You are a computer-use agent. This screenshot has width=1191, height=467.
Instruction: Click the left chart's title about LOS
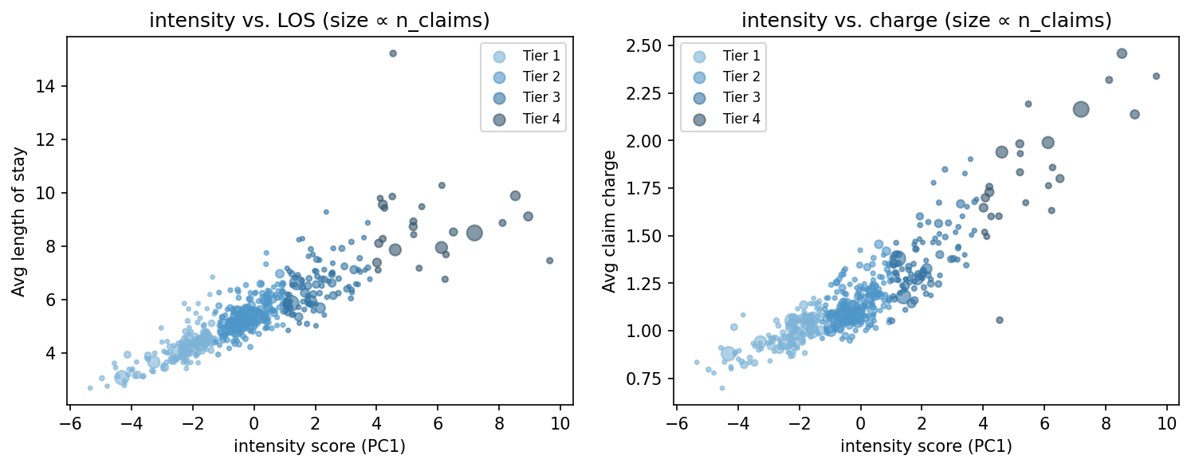click(320, 22)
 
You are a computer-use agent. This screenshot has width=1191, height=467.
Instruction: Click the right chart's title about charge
click(926, 22)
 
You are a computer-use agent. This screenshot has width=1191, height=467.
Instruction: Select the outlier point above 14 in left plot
click(393, 53)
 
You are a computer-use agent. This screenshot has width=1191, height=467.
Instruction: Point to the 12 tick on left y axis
click(49, 139)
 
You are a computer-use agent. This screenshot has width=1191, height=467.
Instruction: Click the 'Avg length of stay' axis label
click(18, 222)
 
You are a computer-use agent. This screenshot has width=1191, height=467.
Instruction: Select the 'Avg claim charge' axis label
click(609, 222)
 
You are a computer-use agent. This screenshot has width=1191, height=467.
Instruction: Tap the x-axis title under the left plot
click(320, 446)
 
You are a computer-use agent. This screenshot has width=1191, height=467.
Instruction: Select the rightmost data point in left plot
click(549, 261)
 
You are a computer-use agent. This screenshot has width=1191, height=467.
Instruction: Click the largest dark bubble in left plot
click(474, 233)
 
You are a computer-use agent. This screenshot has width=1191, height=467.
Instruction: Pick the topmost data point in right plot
click(1122, 53)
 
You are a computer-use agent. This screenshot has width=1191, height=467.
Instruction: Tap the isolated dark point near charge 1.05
click(1000, 320)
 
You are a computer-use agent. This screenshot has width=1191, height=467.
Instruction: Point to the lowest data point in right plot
click(722, 388)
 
